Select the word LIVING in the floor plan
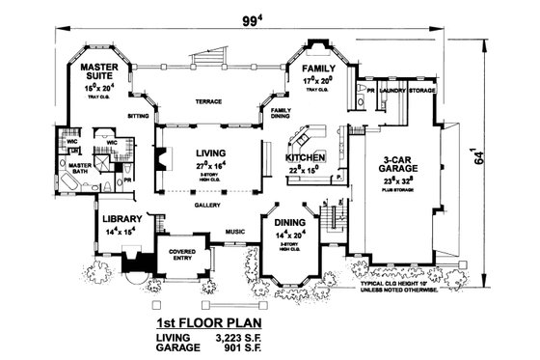click(x=209, y=152)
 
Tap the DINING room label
click(x=289, y=221)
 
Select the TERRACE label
click(x=209, y=101)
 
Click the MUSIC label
click(x=233, y=232)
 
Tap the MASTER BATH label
click(x=80, y=169)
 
